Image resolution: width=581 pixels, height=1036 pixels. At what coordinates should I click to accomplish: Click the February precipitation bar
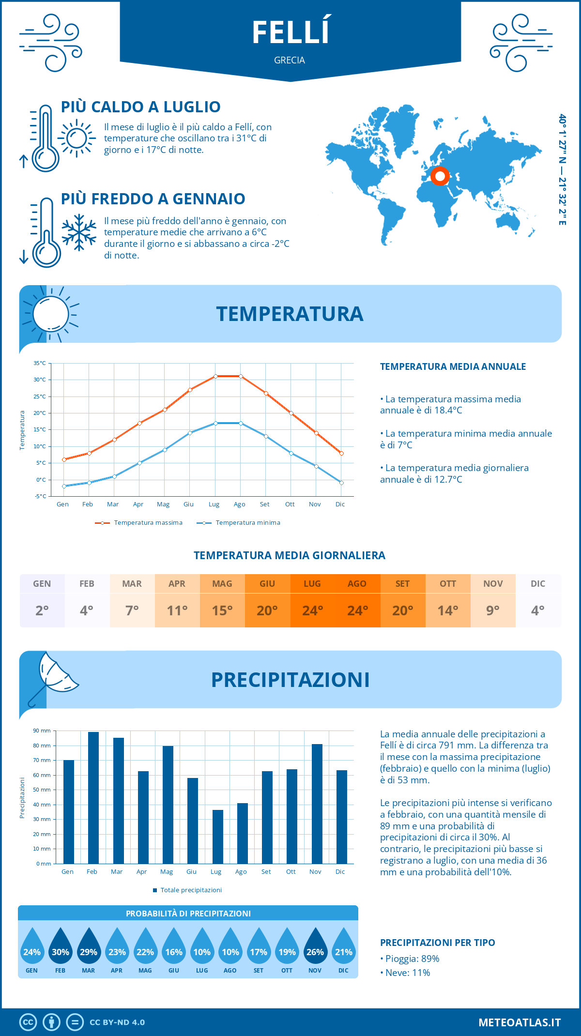[x=93, y=797]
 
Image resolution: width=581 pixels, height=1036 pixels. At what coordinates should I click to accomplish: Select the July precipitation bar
[x=218, y=837]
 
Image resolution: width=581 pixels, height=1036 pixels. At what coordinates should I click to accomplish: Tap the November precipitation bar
[x=317, y=804]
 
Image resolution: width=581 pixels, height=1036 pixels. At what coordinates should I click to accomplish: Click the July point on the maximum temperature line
[x=215, y=376]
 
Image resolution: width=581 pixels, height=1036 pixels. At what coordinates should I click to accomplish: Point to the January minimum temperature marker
[x=64, y=486]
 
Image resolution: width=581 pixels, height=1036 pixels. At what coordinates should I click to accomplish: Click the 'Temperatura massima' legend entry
[x=139, y=523]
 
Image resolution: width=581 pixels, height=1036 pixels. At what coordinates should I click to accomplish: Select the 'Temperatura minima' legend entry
[x=239, y=523]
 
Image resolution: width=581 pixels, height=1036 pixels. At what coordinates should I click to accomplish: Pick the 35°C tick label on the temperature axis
[x=40, y=363]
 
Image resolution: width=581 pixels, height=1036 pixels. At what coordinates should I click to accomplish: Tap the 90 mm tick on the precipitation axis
[x=42, y=731]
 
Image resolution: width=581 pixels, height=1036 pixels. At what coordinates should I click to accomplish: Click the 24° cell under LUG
[x=312, y=610]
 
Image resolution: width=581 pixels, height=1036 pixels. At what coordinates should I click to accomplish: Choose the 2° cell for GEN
[x=42, y=610]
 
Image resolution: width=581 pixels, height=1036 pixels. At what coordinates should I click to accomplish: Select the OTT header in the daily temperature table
[x=448, y=584]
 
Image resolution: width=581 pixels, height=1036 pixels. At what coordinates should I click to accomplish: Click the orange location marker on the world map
[x=440, y=176]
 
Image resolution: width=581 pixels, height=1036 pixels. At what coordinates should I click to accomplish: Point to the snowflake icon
[x=79, y=232]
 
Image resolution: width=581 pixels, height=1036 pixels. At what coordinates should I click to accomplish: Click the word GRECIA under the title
[x=290, y=60]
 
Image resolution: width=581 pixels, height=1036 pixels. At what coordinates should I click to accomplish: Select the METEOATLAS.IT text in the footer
[x=520, y=1022]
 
